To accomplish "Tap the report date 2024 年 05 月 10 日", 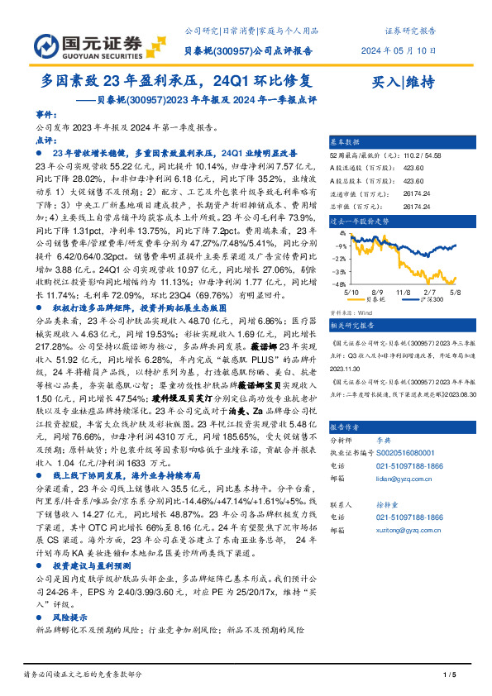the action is pos(399,50).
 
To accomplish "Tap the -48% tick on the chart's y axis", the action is pos(340,284).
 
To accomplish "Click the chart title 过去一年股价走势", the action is pos(359,222).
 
